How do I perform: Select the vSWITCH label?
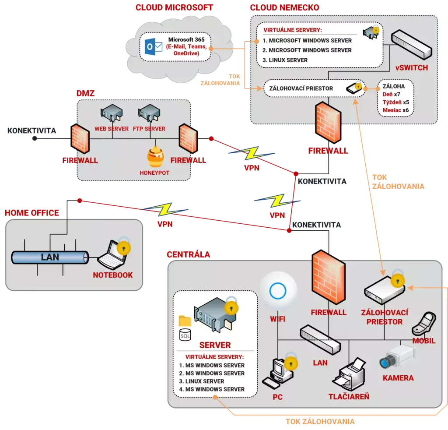point(412,68)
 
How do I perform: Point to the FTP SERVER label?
point(149,129)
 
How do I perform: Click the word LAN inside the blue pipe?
point(50,257)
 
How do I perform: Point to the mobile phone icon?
point(423,323)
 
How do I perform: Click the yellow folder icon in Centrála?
point(185,321)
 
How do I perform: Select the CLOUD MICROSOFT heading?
point(174,7)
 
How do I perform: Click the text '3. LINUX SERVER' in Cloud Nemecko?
point(288,60)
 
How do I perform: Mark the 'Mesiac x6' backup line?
point(395,110)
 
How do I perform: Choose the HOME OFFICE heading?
point(31,213)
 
